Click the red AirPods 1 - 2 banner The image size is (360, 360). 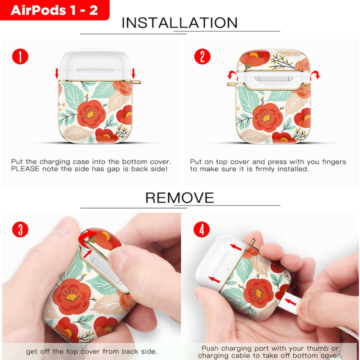coord(54,10)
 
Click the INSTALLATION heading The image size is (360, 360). coord(179,22)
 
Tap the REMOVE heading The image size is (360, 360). coord(179,197)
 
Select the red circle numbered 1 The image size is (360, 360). coord(20,56)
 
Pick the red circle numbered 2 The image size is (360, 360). coord(202,56)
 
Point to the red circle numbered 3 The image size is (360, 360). coord(20,229)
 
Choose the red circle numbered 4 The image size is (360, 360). coord(201,229)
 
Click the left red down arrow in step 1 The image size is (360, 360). coord(56,73)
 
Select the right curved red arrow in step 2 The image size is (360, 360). coord(315,75)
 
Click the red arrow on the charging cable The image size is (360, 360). coord(290,301)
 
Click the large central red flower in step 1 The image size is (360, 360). coord(91,114)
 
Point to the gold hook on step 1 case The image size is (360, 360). coord(135,82)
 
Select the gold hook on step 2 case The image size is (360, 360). coord(232,84)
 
